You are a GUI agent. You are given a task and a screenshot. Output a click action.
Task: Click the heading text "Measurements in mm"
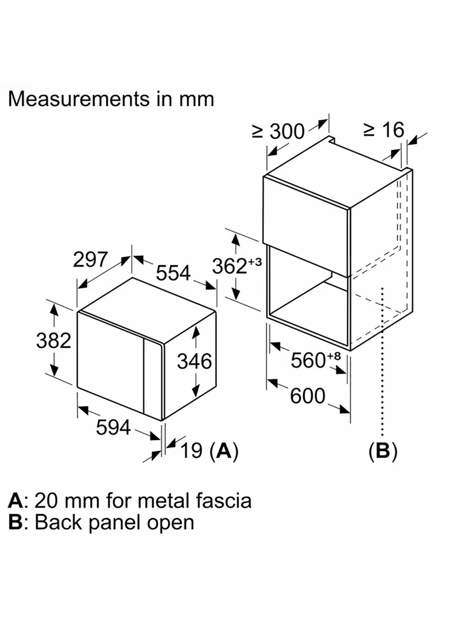point(111,99)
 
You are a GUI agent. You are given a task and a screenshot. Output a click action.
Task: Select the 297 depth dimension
point(90,260)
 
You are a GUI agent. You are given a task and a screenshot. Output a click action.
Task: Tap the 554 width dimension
point(173,273)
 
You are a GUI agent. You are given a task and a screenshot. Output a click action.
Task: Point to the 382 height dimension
point(53,341)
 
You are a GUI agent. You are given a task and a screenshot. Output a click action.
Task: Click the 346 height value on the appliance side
point(194,361)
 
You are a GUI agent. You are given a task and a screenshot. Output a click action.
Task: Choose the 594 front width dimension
point(113,427)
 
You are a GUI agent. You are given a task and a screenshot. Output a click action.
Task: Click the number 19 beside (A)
point(192,450)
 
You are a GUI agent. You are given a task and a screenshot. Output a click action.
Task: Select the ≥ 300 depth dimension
point(278,131)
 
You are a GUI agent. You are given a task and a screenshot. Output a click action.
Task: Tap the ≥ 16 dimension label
point(383,130)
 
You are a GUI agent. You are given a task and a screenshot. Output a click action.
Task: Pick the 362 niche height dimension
point(229,266)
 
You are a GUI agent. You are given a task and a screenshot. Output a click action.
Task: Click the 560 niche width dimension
point(308,360)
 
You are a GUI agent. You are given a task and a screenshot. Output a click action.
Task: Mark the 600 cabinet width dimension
point(307,396)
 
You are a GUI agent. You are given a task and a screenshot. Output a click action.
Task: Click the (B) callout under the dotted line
point(383,451)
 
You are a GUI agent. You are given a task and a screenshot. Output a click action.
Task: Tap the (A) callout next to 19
point(224,450)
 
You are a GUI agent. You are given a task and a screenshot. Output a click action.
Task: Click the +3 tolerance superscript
point(255,262)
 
